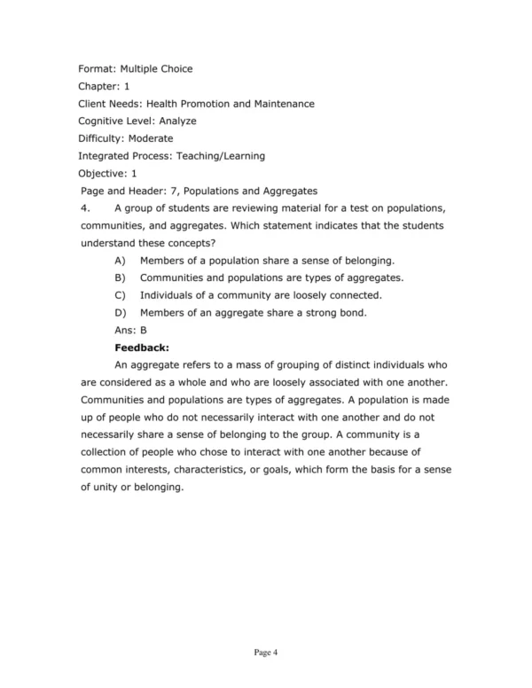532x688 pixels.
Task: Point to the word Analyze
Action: (x=179, y=121)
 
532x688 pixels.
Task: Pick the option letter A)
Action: (x=121, y=260)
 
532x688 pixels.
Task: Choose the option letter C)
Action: (x=121, y=294)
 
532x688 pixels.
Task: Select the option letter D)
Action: (x=121, y=312)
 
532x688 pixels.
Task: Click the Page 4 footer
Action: (x=266, y=653)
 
